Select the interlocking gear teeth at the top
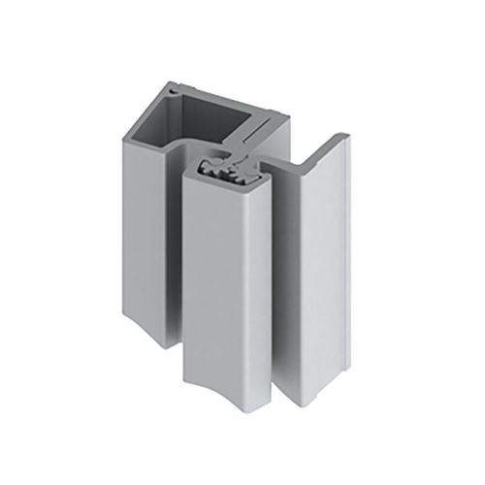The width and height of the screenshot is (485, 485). pos(227,176)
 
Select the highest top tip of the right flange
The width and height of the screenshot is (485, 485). pos(342,135)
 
